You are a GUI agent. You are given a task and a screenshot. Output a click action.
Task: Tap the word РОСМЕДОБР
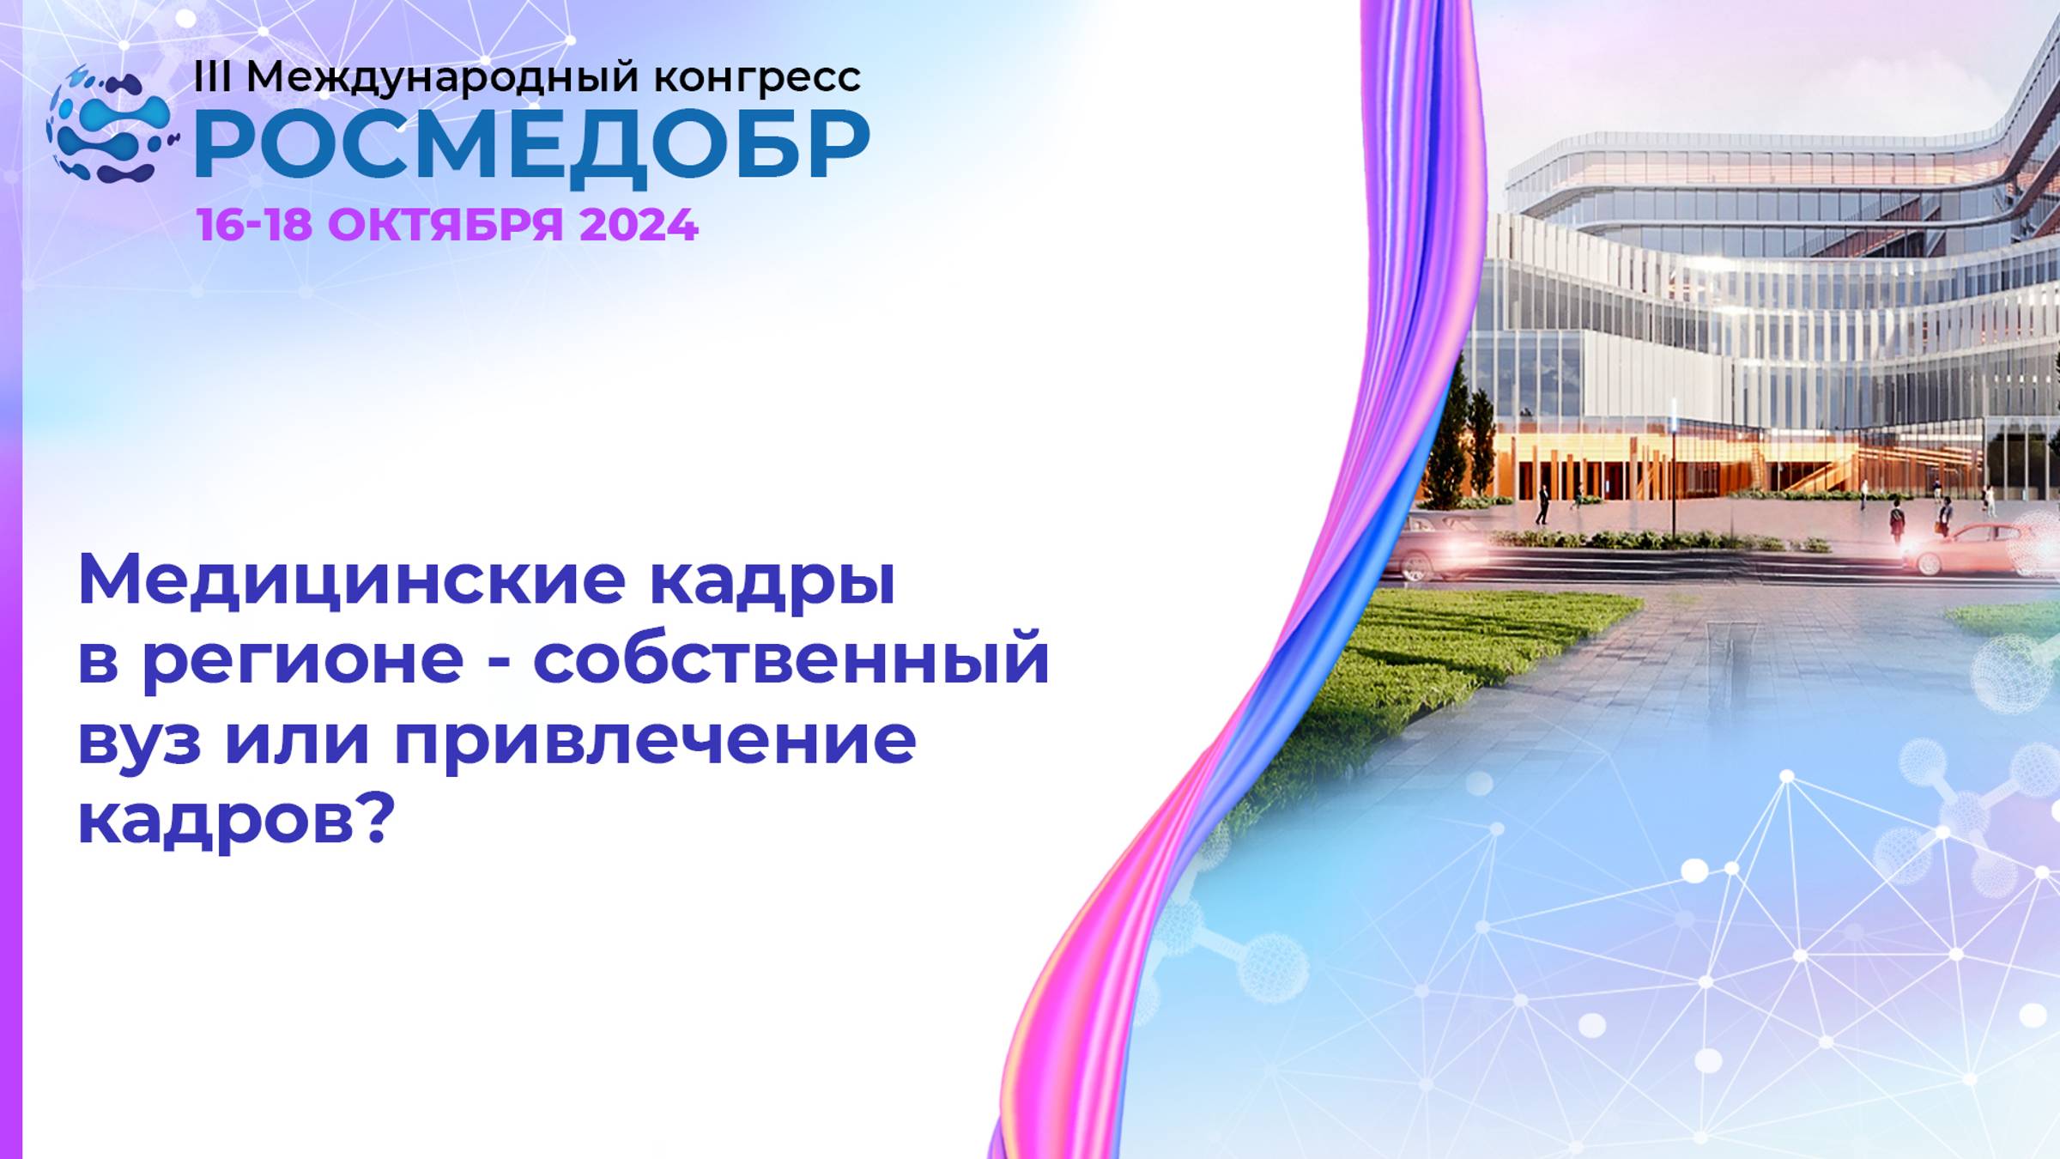(x=532, y=146)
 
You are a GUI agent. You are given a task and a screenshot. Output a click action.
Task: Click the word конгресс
(x=757, y=78)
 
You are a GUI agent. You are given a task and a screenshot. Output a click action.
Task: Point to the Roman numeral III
(x=212, y=77)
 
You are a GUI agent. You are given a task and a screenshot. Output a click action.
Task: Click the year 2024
(x=639, y=225)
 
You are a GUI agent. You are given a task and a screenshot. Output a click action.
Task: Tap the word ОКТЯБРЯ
(x=445, y=225)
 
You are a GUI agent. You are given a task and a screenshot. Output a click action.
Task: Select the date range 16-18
(x=254, y=225)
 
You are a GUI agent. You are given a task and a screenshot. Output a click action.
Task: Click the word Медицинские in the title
(x=352, y=580)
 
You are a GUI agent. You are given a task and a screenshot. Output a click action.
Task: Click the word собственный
(x=791, y=659)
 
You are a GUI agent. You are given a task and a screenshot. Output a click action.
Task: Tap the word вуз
(x=139, y=740)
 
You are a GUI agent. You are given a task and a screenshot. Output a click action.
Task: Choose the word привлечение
(x=656, y=740)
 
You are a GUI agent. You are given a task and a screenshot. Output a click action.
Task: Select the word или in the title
(x=297, y=740)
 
